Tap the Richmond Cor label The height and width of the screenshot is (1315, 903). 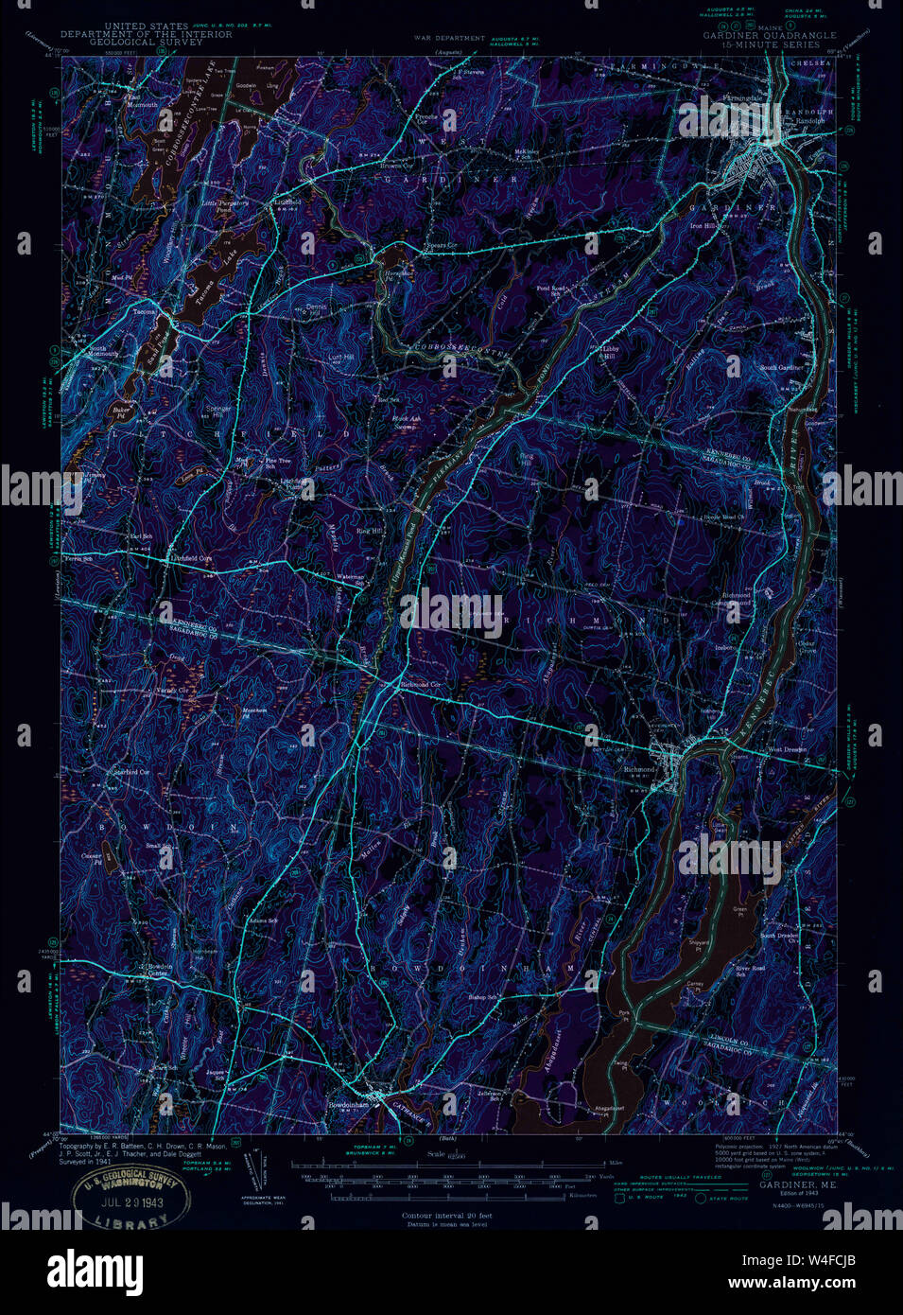(x=421, y=684)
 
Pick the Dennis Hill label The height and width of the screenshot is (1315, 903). (x=316, y=309)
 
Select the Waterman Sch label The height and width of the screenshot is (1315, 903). (x=351, y=579)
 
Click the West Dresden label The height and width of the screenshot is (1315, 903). (x=787, y=749)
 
